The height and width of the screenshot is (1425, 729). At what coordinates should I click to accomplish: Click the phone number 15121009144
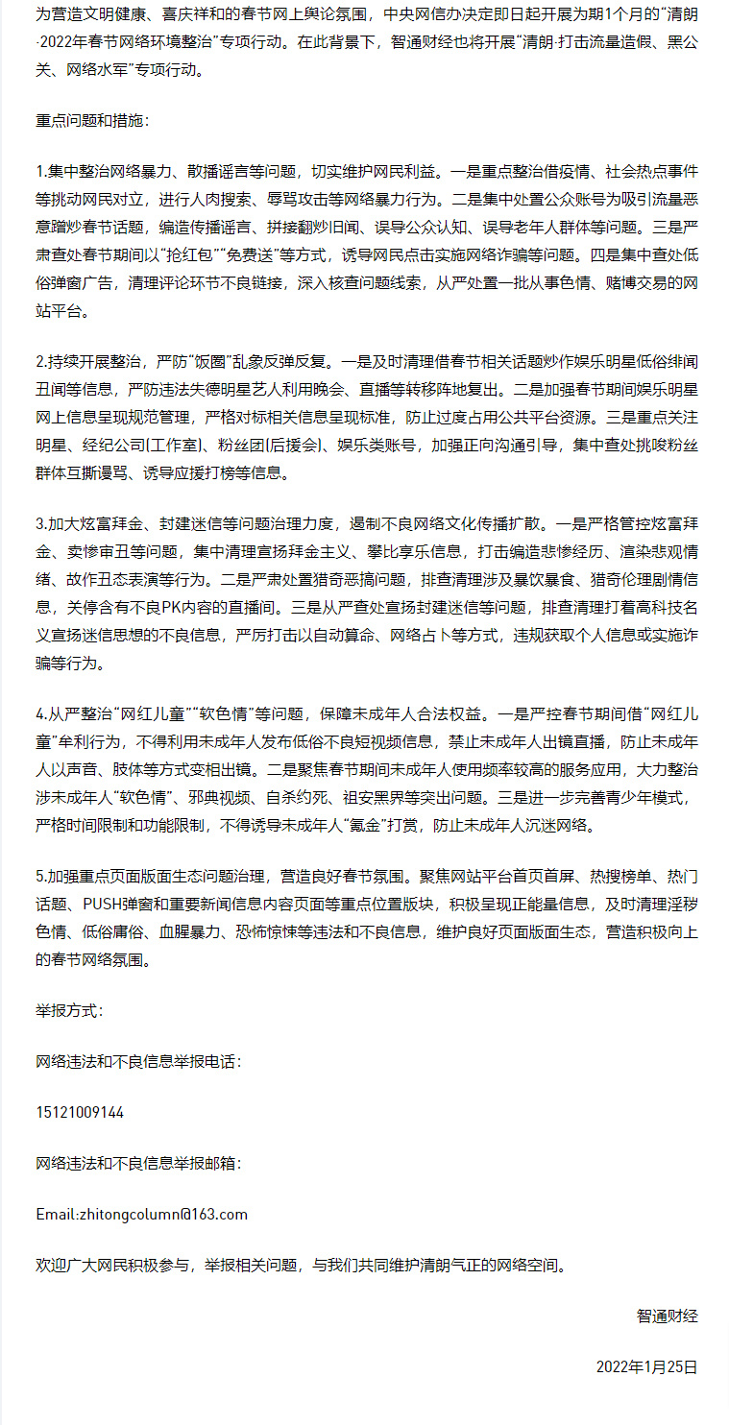(80, 1112)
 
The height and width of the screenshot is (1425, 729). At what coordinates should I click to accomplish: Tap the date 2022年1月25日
(646, 1366)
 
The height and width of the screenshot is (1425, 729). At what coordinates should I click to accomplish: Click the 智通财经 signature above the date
(667, 1316)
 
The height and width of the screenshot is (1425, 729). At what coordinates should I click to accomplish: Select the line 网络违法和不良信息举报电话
(136, 1061)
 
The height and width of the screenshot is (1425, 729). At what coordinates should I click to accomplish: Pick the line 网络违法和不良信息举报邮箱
(136, 1163)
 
